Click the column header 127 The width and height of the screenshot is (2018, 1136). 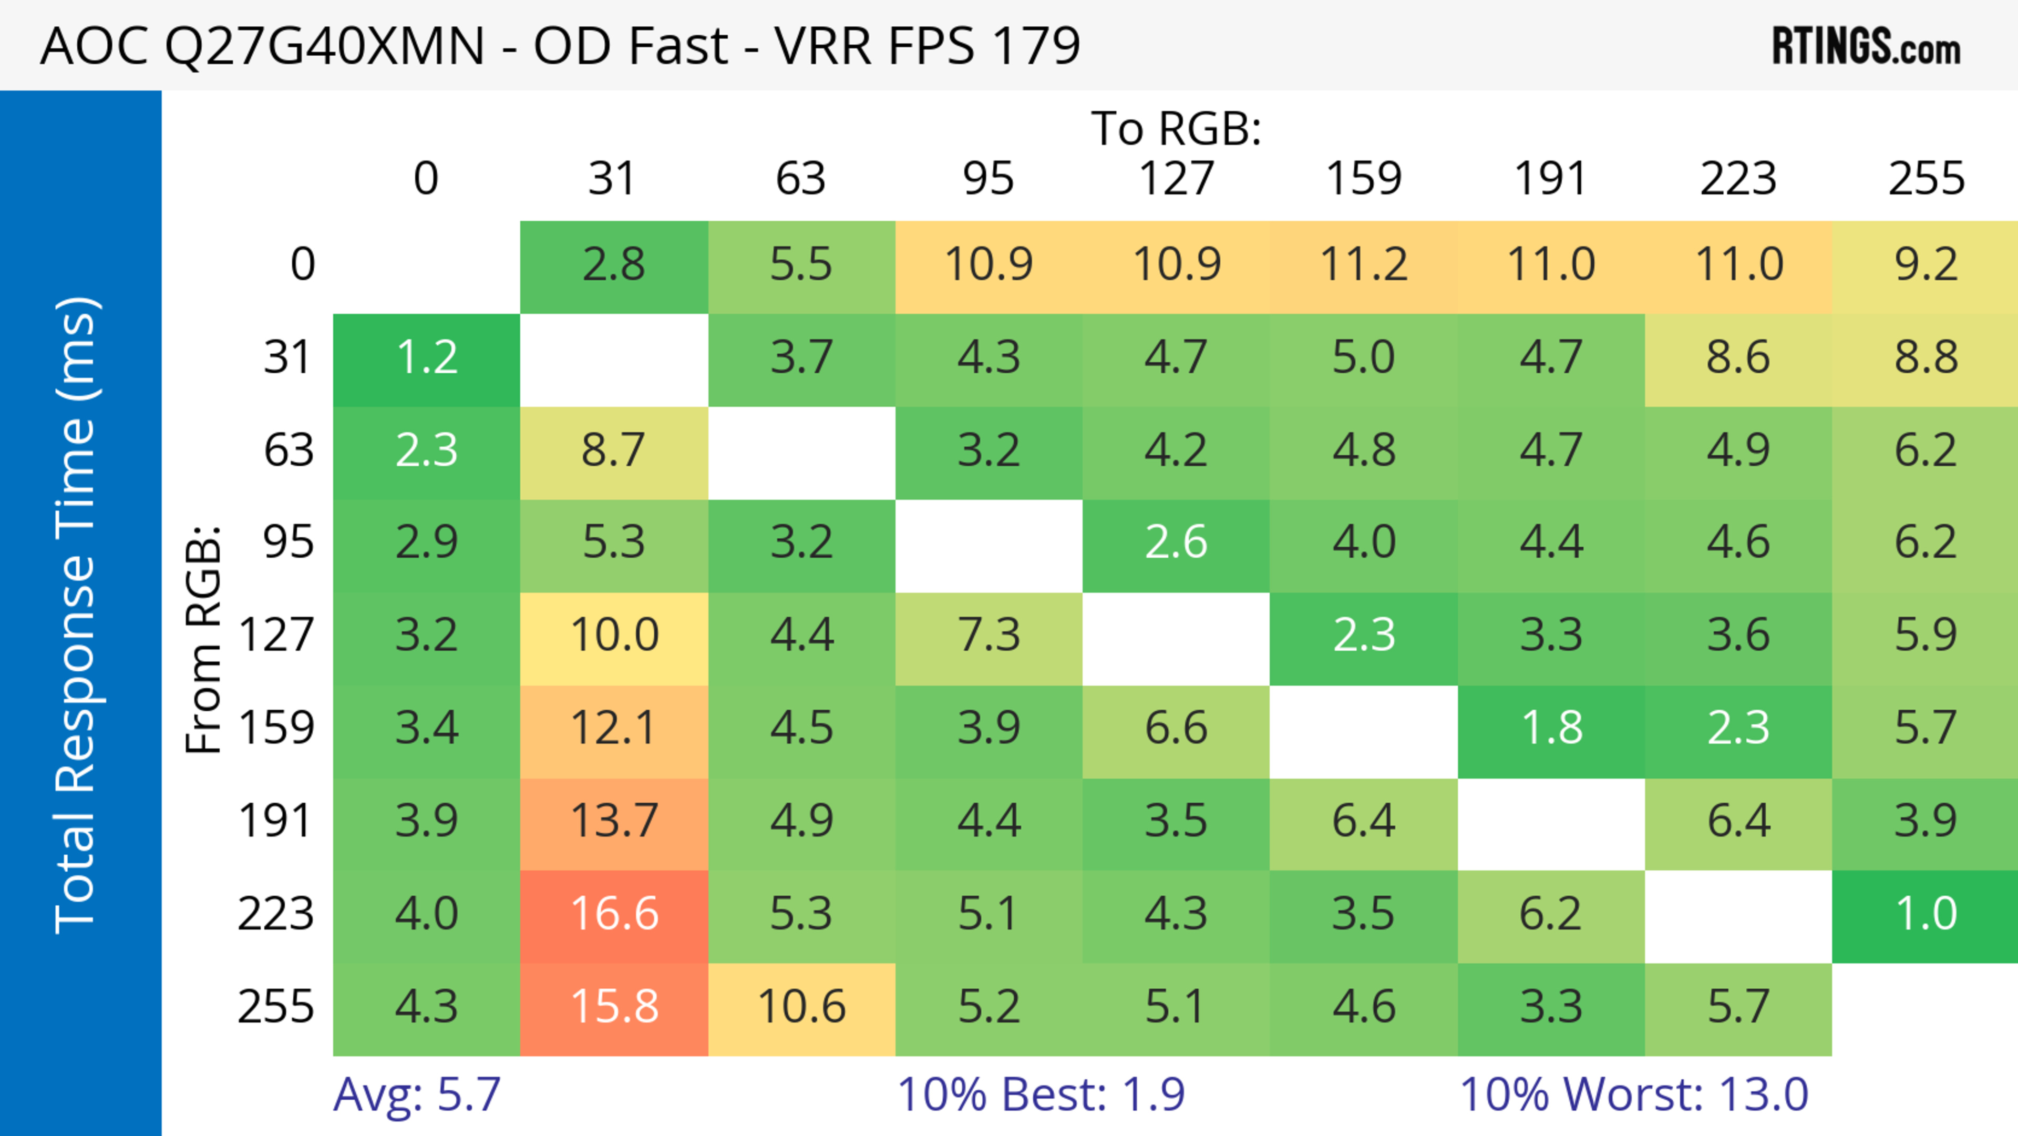(1176, 179)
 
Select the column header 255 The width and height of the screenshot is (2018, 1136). (1926, 179)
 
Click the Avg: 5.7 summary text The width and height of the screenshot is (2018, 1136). (417, 1094)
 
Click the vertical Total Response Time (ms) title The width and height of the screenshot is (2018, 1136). (77, 615)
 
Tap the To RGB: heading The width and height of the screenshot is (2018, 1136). (1176, 128)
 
